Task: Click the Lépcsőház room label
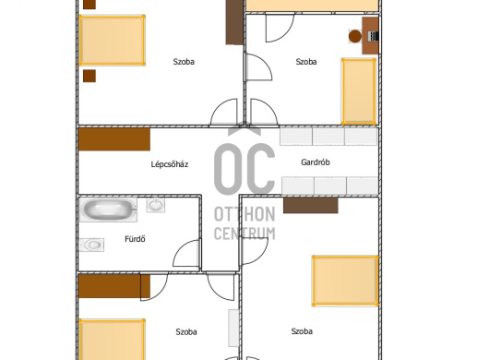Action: point(170,164)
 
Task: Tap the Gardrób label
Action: point(316,162)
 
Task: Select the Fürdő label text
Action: point(135,239)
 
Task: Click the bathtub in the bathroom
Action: point(108,210)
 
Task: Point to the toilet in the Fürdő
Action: point(91,245)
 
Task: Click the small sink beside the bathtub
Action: point(156,205)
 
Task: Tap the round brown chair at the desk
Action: point(355,36)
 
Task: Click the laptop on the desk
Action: point(374,36)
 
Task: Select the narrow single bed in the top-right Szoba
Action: point(359,91)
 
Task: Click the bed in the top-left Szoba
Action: point(112,41)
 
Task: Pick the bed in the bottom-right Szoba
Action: point(346,281)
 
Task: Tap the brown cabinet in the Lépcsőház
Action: point(114,139)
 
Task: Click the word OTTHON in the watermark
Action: point(244,214)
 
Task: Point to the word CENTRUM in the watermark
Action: point(244,233)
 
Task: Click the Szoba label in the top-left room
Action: point(184,62)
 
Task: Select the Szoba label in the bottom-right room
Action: point(302,331)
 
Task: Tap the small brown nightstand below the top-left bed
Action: point(89,76)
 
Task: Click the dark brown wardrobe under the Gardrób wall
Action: point(311,205)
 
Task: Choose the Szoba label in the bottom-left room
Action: point(186,331)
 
